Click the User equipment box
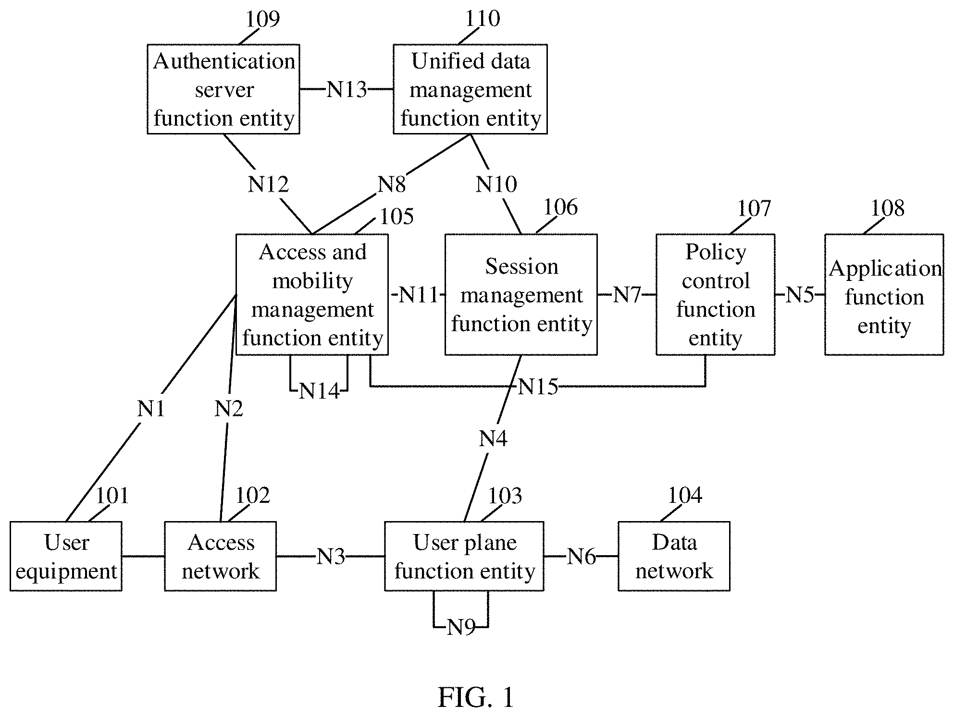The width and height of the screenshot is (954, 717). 66,556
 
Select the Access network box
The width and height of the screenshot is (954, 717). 220,556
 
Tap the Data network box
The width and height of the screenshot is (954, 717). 674,556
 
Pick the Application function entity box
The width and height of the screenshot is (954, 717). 884,295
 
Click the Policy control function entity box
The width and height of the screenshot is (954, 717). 716,295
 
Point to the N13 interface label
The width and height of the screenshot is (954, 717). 347,90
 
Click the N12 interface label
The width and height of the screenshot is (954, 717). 268,184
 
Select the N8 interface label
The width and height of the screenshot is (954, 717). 392,184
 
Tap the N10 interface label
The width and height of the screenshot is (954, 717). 496,184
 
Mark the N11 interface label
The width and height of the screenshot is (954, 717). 419,295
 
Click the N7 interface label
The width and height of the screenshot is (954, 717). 627,295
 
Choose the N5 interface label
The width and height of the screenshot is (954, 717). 800,295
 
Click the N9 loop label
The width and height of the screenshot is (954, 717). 461,627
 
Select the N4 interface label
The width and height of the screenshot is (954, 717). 493,438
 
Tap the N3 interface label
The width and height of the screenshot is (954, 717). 331,557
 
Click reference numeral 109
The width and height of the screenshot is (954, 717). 262,19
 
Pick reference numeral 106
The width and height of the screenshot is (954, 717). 560,207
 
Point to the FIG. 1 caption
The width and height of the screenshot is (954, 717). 476,697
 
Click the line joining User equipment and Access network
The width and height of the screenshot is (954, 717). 143,557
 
